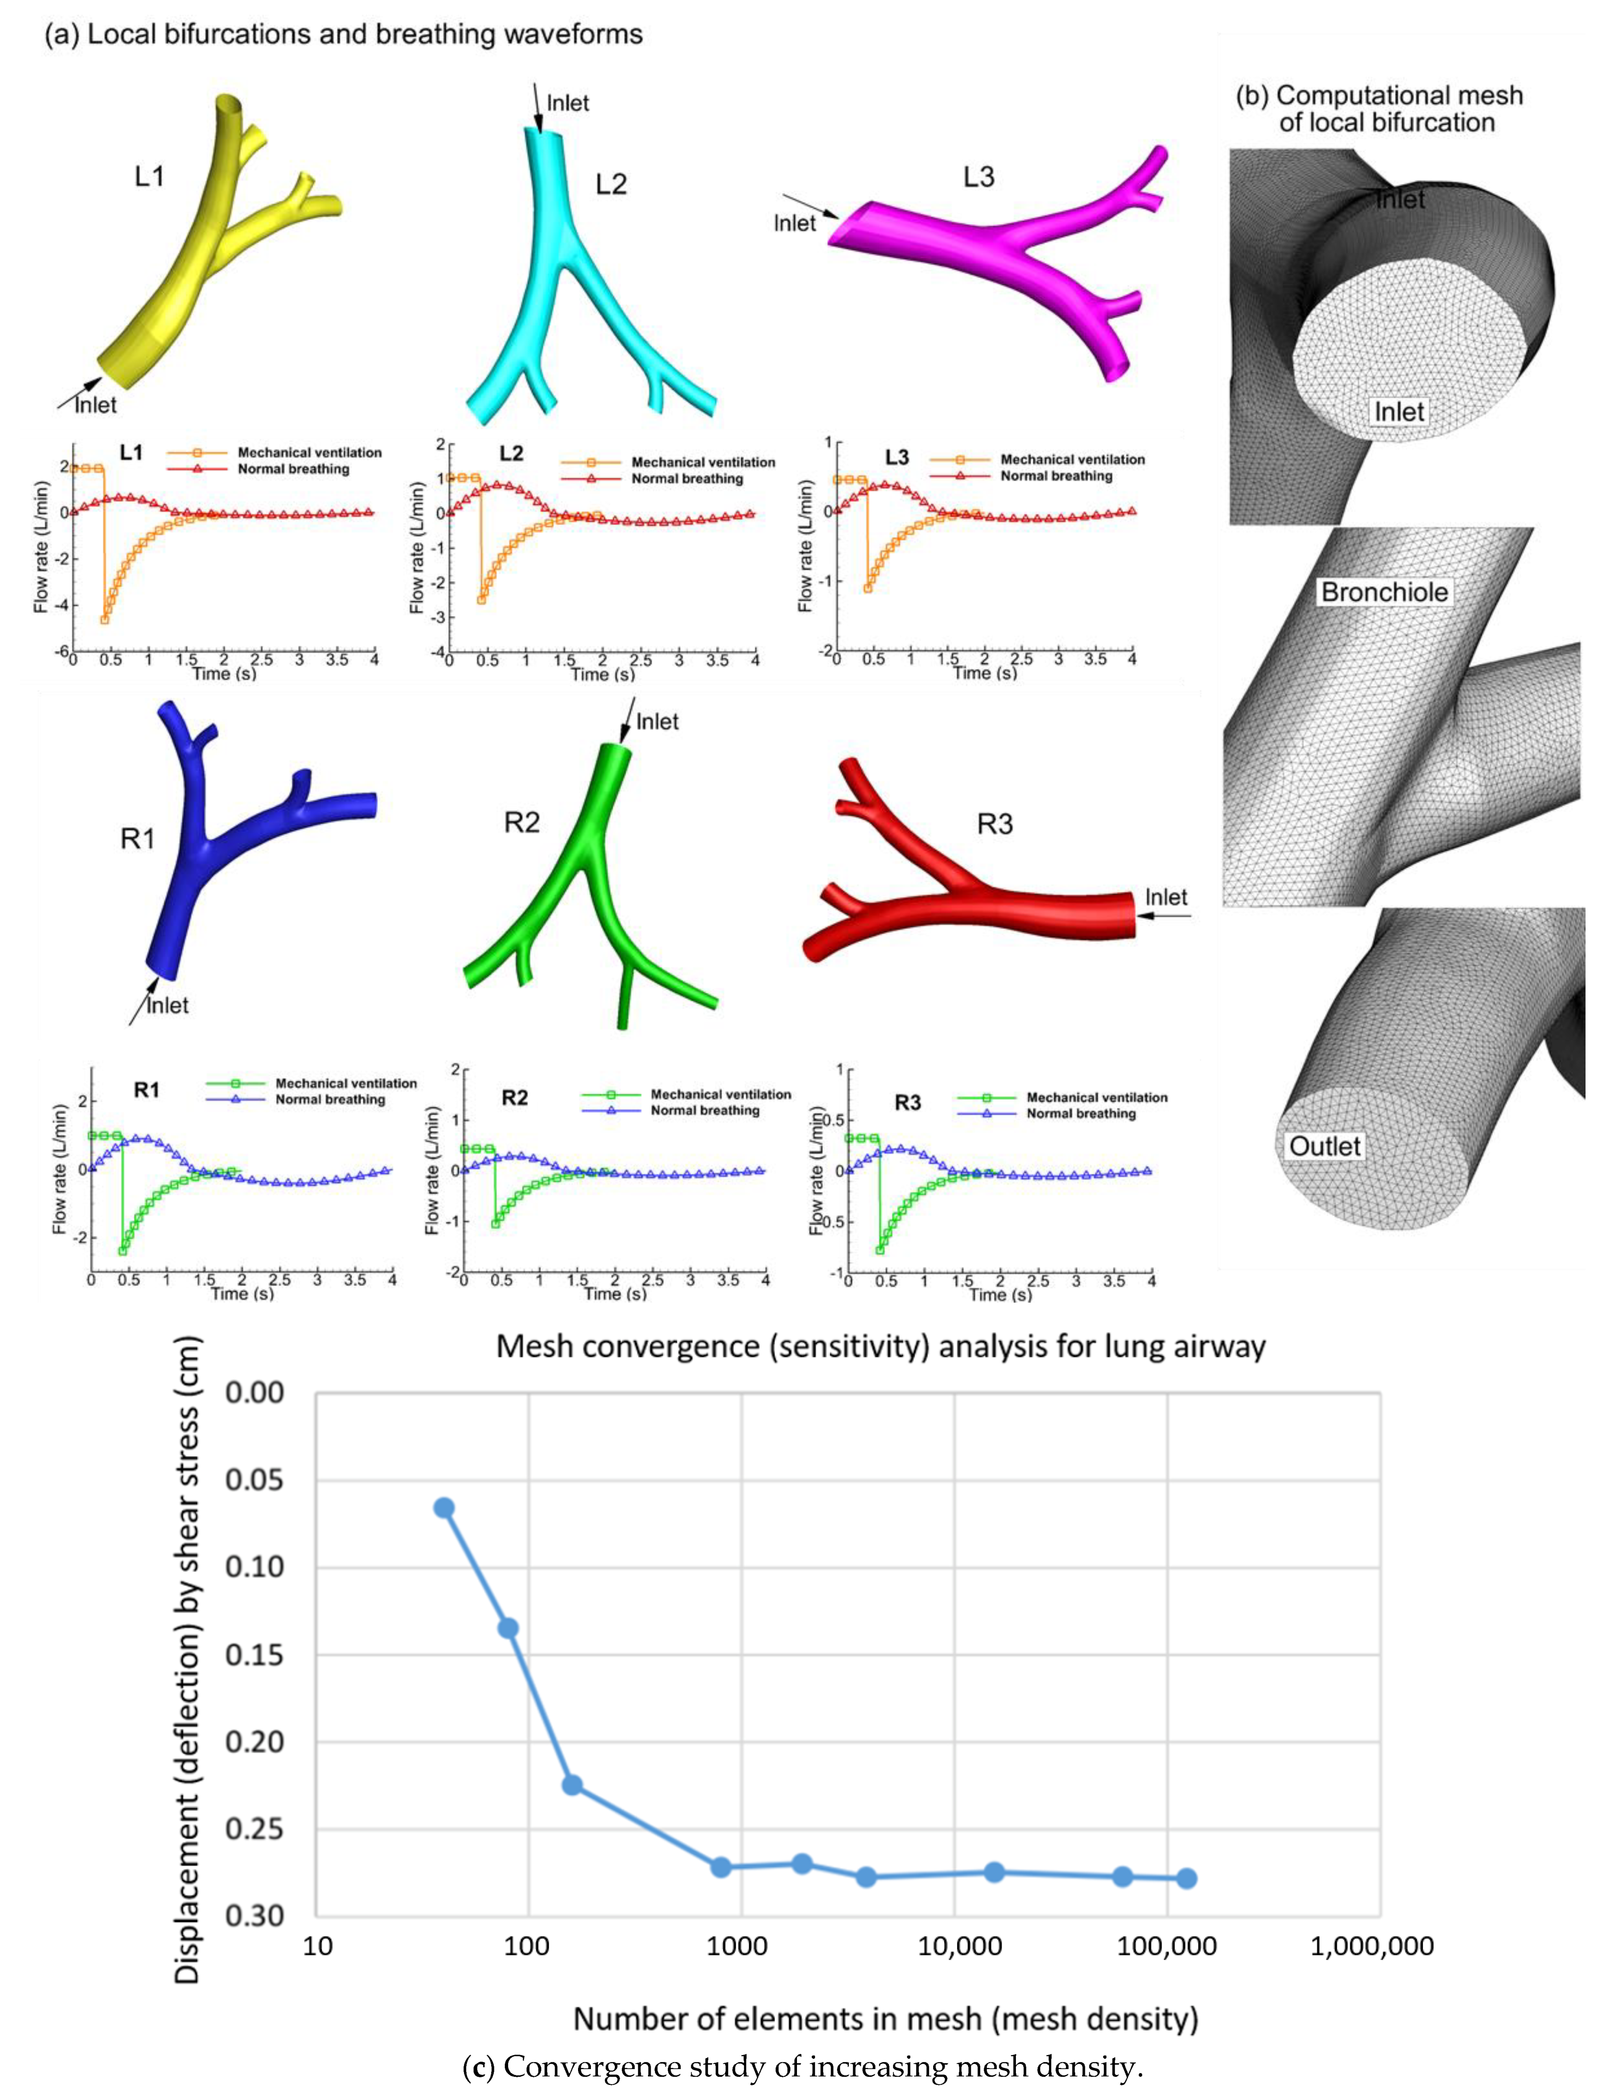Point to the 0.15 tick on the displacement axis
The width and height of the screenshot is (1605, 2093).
[x=254, y=1654]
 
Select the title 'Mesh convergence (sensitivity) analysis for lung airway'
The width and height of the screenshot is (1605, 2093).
[x=880, y=1346]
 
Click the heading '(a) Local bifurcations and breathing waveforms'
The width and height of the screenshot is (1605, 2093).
[x=344, y=34]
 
